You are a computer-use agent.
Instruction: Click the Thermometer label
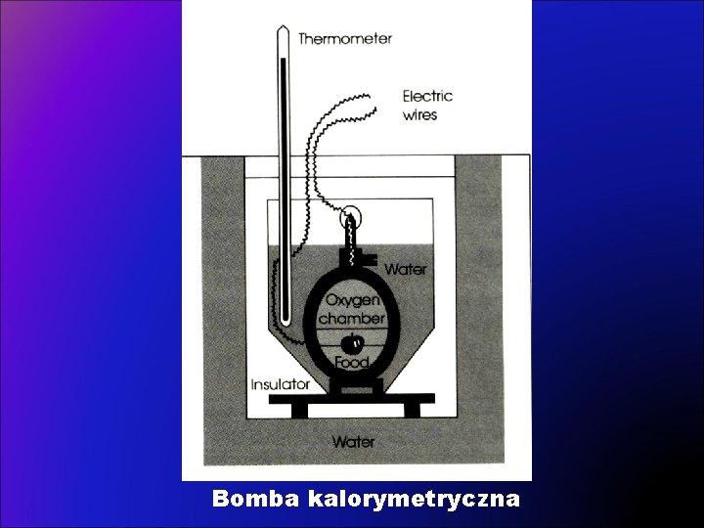[x=345, y=39]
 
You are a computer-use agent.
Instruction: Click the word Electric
[x=427, y=96]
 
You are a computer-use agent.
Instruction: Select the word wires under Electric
[x=420, y=114]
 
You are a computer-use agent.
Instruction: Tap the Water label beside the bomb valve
[x=405, y=268]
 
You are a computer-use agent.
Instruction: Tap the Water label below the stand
[x=353, y=442]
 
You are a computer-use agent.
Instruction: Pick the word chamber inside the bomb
[x=353, y=319]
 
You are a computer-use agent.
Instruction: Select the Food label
[x=352, y=362]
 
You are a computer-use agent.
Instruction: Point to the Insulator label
[x=281, y=384]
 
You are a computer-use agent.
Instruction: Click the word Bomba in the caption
[x=256, y=500]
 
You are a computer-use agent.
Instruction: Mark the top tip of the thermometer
[x=283, y=29]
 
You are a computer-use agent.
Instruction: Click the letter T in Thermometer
[x=303, y=39]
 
